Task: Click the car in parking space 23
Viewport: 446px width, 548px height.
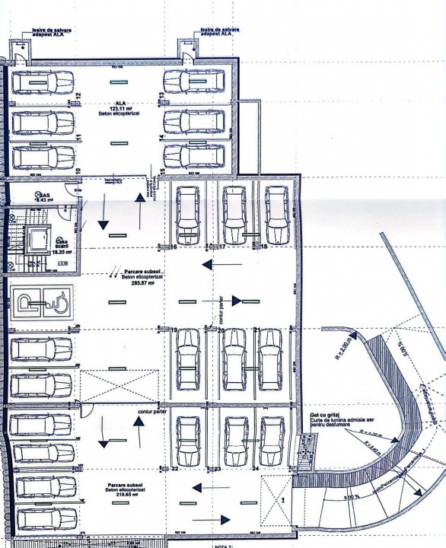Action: tap(233, 440)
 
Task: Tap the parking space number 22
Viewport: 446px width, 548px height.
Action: tap(175, 469)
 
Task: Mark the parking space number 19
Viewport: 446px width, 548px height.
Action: tap(174, 330)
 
